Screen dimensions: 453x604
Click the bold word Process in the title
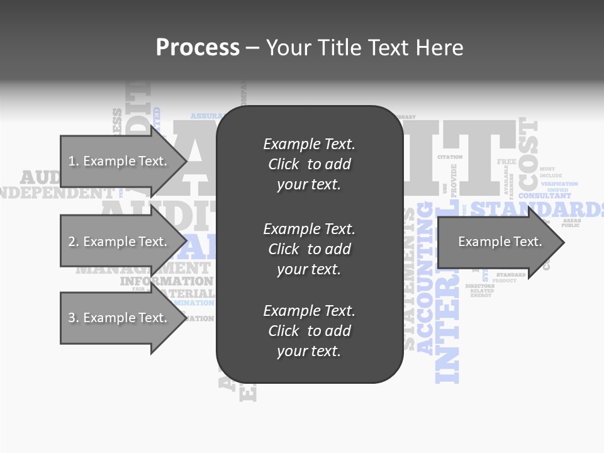[x=198, y=47]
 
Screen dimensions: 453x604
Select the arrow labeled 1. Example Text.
[x=117, y=161]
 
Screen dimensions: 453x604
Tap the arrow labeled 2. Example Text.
[x=117, y=242]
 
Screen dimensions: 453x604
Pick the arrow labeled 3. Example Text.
[x=117, y=318]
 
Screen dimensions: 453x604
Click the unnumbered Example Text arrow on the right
[x=500, y=242]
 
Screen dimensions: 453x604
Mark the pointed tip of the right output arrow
[x=563, y=242]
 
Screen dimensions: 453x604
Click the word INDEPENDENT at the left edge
[x=57, y=193]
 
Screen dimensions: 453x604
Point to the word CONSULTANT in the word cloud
[x=545, y=196]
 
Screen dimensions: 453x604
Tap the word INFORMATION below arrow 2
[x=167, y=281]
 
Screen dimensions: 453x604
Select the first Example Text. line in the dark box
[x=309, y=144]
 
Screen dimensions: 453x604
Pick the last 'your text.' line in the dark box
[x=309, y=351]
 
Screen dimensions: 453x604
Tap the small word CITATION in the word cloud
[x=450, y=157]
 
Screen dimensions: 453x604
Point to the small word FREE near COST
[x=506, y=162]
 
